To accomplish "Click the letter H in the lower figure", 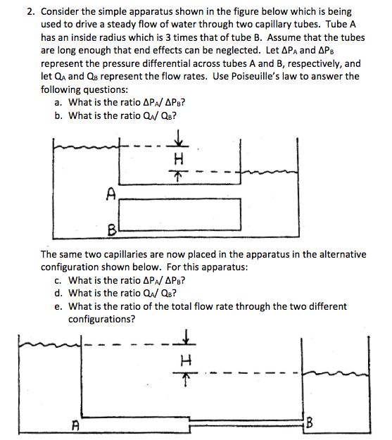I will click(185, 359).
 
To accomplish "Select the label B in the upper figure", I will click(111, 228).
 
